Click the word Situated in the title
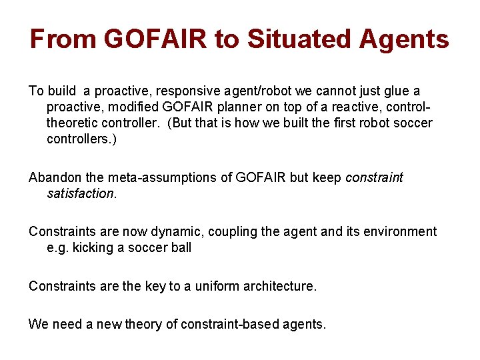pos(299,39)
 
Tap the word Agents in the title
pos(404,39)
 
